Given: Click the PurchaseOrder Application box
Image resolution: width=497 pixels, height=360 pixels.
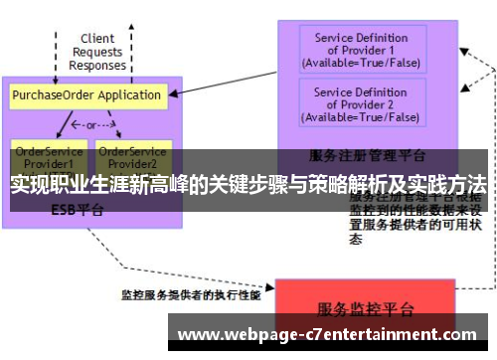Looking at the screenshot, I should pyautogui.click(x=86, y=96).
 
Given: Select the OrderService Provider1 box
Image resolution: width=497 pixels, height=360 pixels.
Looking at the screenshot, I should pyautogui.click(x=43, y=156).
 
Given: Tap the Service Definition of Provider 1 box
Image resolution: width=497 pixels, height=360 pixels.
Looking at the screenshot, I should pyautogui.click(x=361, y=51).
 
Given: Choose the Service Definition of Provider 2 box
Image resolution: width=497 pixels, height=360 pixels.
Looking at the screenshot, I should pyautogui.click(x=361, y=104).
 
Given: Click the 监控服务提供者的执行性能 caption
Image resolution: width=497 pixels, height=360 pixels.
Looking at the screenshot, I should pyautogui.click(x=191, y=295).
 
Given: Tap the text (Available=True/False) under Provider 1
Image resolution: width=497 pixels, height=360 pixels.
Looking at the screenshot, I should pyautogui.click(x=361, y=63).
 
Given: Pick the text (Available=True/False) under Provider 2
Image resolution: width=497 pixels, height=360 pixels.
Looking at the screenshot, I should pyautogui.click(x=361, y=117).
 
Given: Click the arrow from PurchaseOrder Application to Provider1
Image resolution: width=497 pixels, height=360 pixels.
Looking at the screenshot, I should pyautogui.click(x=62, y=124).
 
